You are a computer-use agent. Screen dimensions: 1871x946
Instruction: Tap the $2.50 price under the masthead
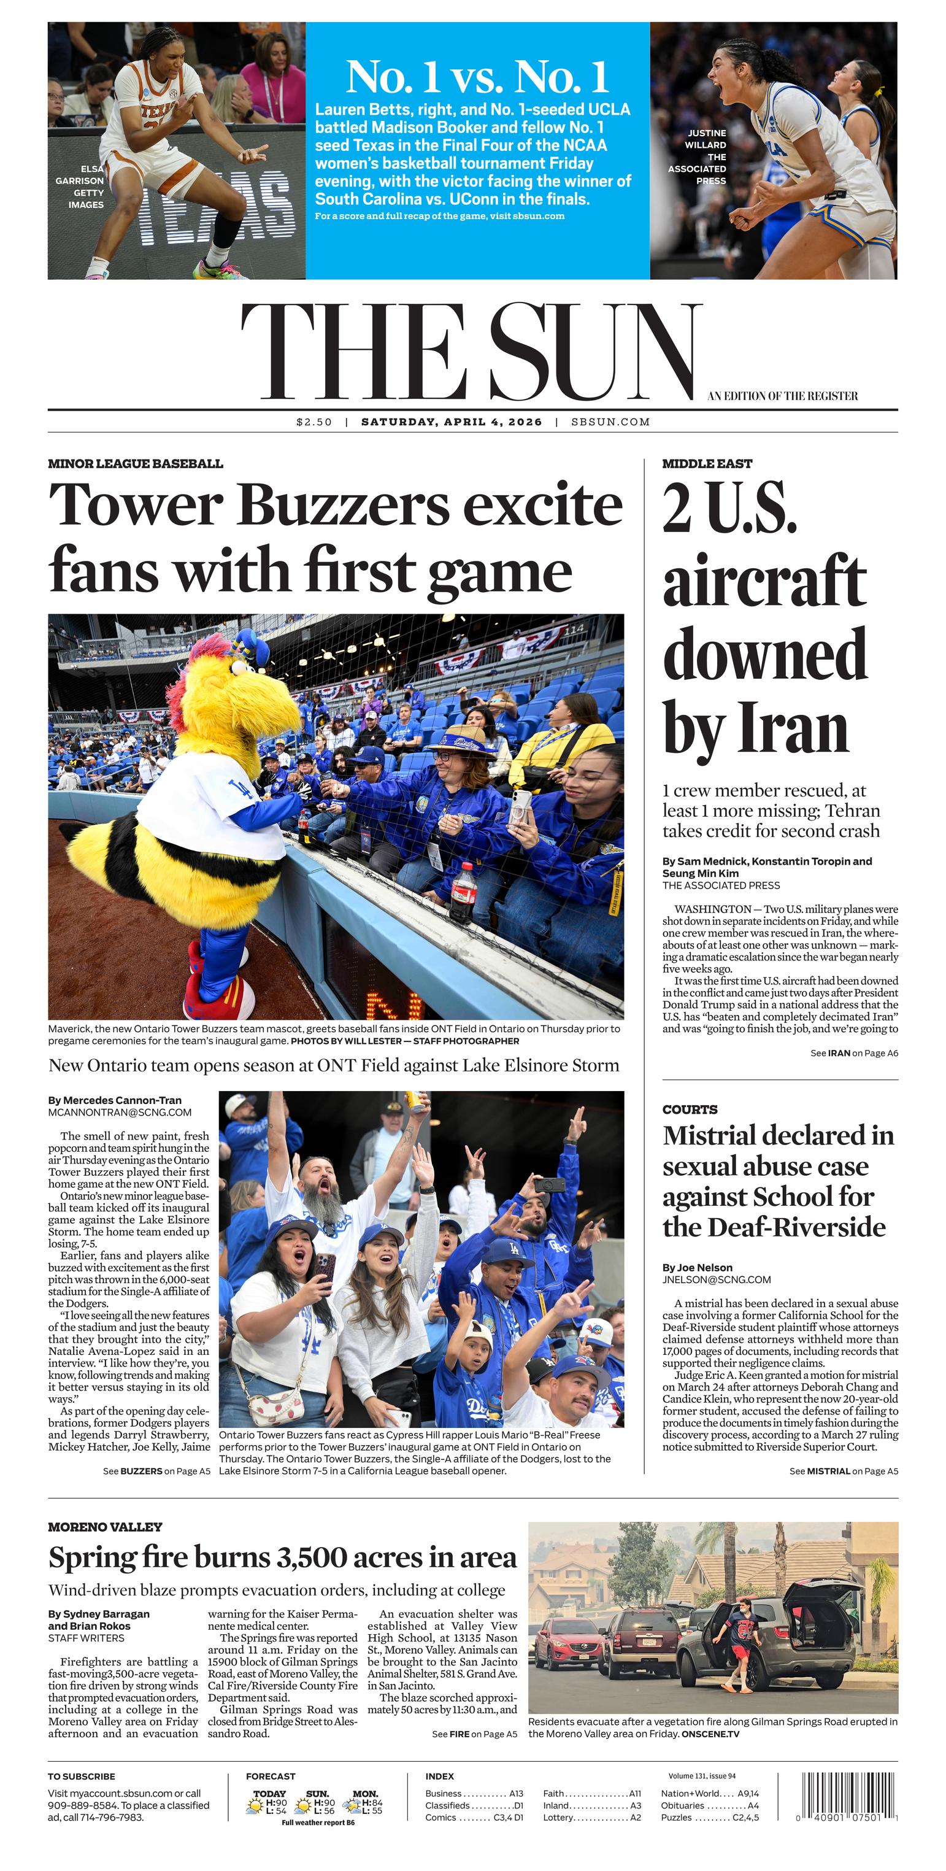point(313,422)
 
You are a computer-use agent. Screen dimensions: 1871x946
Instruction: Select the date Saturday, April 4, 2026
point(452,422)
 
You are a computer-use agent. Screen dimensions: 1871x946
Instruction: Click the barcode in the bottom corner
point(847,1796)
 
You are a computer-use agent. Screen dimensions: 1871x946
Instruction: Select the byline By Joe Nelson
point(697,1267)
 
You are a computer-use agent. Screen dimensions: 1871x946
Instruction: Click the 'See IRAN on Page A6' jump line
point(854,1052)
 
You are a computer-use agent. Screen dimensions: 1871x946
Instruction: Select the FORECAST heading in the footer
point(270,1776)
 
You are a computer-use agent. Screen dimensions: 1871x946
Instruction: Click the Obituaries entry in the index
point(682,1805)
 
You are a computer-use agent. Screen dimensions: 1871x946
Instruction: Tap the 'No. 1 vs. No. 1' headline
point(477,76)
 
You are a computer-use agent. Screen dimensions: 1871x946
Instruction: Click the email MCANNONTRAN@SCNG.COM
point(120,1112)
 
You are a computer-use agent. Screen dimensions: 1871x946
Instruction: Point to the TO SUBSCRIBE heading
point(82,1776)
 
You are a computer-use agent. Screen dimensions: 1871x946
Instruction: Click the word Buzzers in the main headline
point(344,506)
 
